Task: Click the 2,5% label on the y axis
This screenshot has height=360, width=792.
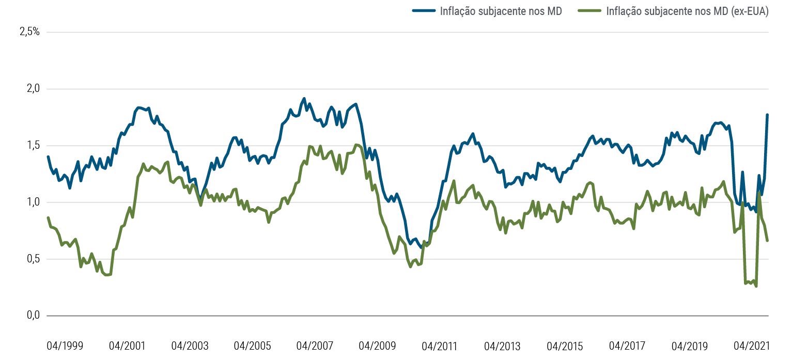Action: click(29, 32)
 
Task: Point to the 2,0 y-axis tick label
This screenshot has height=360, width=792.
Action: click(29, 89)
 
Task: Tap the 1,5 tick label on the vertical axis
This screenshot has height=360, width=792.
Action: click(29, 146)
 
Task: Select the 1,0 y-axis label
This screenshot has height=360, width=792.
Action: click(29, 202)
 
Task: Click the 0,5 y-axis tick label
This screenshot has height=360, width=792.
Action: click(29, 259)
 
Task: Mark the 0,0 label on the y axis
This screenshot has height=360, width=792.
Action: click(29, 316)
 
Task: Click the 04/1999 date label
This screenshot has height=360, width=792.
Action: click(65, 346)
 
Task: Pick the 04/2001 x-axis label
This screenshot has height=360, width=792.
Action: click(127, 346)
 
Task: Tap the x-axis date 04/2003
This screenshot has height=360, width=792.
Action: click(190, 346)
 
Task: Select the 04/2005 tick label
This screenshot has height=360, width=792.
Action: click(252, 346)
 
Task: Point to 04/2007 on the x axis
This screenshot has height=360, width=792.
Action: click(315, 346)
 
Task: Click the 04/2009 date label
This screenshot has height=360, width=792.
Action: click(377, 346)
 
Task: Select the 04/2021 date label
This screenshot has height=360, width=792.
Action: click(751, 346)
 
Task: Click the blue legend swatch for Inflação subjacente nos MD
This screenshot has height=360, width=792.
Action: click(424, 11)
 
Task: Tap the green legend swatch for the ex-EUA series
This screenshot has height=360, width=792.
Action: click(591, 11)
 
